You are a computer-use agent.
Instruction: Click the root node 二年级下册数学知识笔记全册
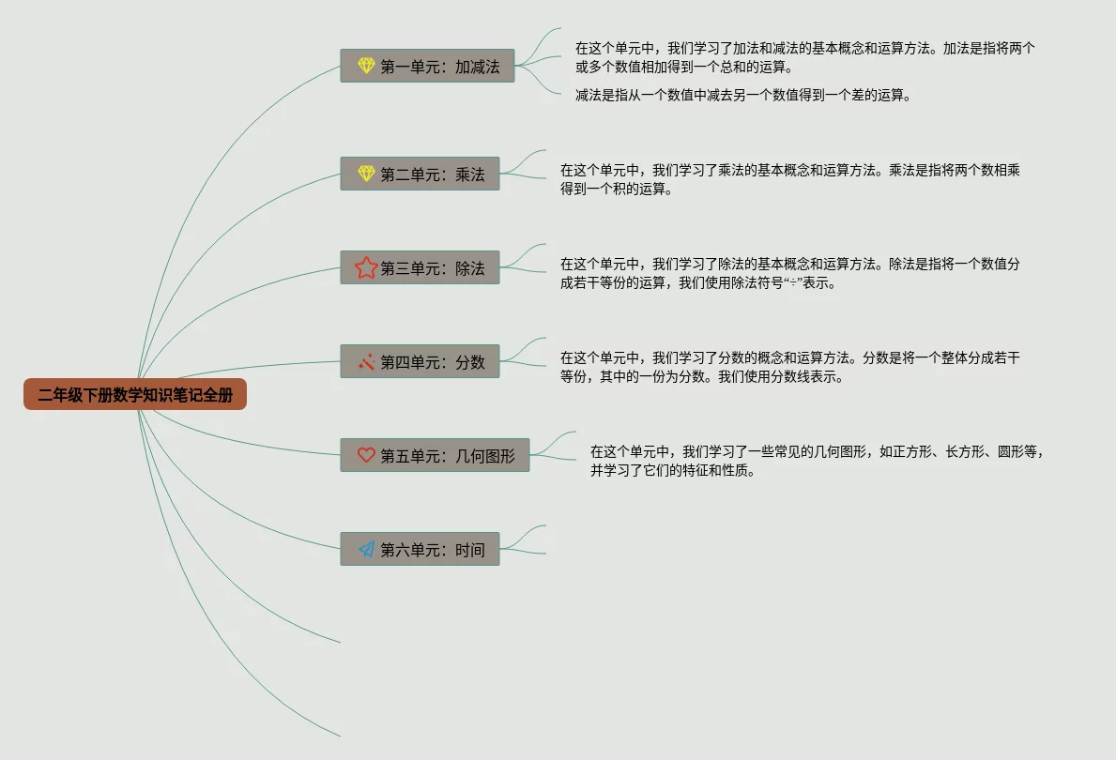tap(135, 395)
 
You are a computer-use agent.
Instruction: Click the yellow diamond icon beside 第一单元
tap(366, 66)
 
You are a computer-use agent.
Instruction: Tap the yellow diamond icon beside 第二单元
tap(366, 174)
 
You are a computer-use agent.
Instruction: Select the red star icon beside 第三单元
tap(366, 267)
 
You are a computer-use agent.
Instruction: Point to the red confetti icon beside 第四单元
tap(366, 361)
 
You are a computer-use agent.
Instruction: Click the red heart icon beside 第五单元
tap(366, 455)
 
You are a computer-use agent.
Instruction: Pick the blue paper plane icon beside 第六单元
tap(366, 549)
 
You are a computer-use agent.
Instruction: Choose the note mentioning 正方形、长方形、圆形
tap(817, 461)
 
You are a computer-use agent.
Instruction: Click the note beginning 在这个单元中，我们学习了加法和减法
tap(805, 57)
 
